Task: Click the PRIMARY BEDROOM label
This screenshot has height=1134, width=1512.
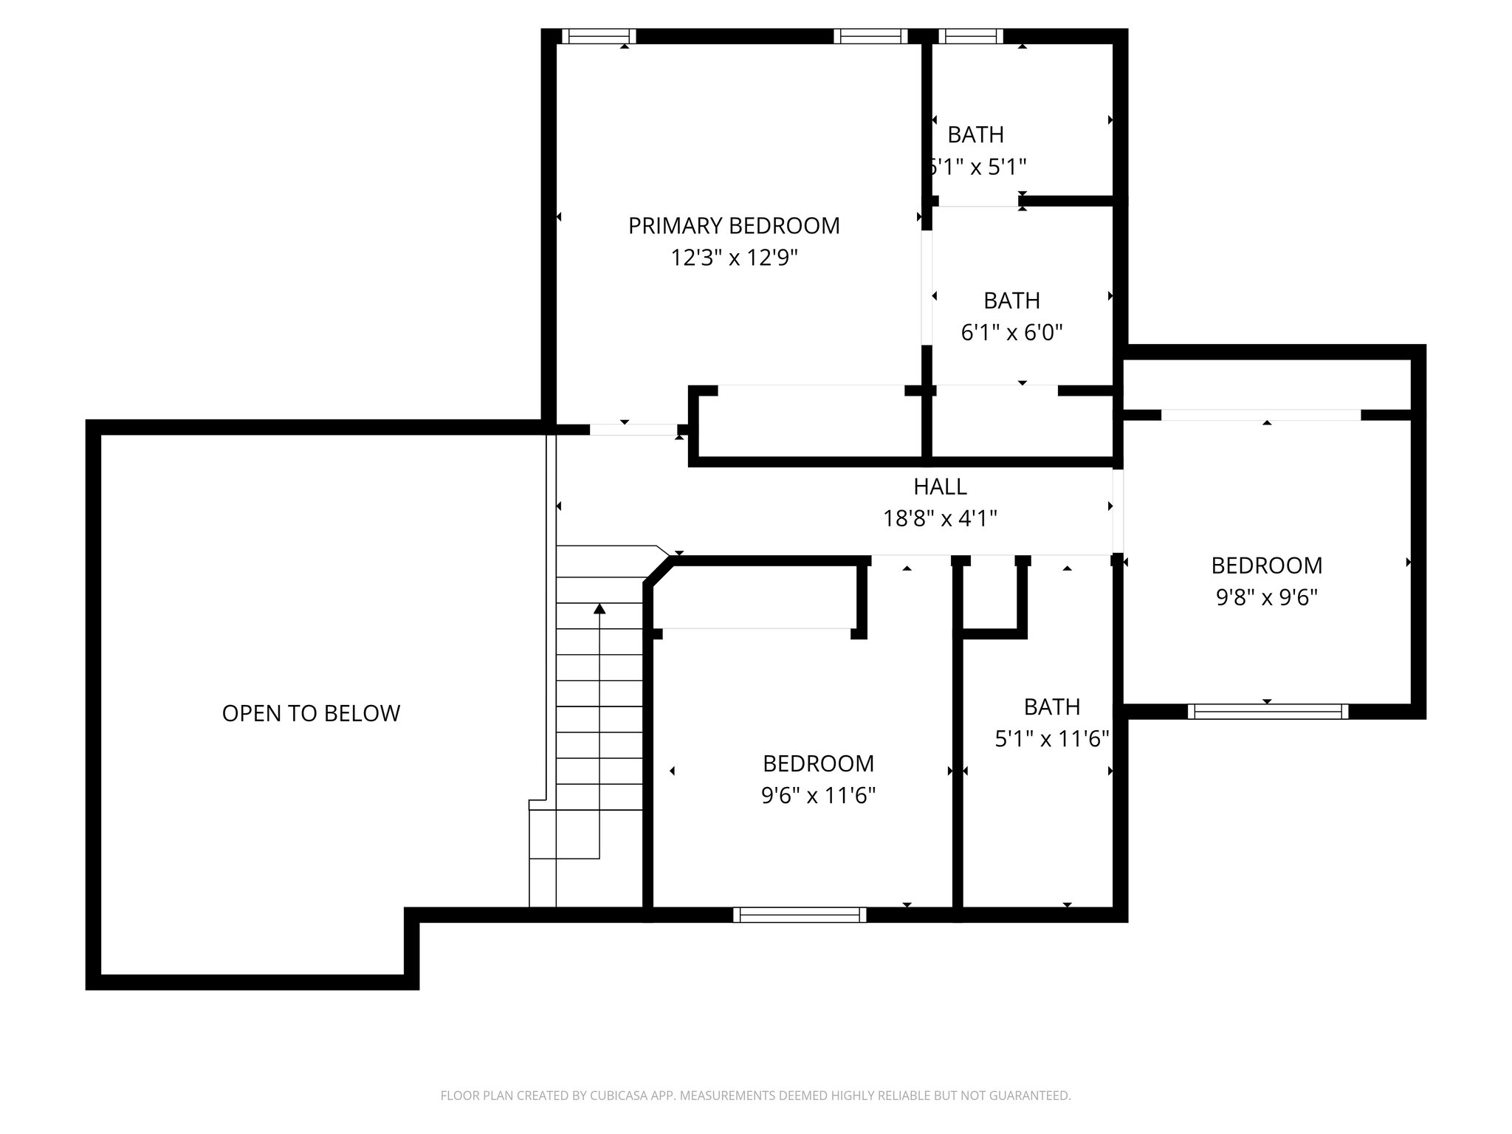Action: (x=734, y=226)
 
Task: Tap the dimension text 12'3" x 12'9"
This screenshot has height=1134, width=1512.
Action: (x=734, y=258)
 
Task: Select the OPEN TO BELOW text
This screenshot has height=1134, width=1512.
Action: (x=311, y=713)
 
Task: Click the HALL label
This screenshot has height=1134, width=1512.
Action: (x=940, y=487)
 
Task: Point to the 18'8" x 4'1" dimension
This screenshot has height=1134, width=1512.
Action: (x=940, y=519)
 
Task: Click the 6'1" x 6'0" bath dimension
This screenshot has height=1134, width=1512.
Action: (x=1011, y=333)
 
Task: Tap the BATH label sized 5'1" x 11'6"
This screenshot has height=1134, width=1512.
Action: (x=1052, y=707)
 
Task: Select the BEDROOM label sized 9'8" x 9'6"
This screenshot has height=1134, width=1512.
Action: (x=1267, y=566)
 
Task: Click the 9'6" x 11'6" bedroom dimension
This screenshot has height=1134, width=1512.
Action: (x=818, y=796)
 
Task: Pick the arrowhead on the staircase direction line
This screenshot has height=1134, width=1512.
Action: (x=599, y=609)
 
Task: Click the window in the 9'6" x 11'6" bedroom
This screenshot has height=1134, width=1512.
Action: (x=800, y=915)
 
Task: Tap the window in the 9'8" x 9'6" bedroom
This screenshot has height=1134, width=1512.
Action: (x=1268, y=712)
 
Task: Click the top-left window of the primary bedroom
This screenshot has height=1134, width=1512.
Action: (x=598, y=36)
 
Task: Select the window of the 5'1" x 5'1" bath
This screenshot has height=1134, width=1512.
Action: (x=971, y=36)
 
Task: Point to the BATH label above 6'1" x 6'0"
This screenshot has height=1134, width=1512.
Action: (x=1011, y=301)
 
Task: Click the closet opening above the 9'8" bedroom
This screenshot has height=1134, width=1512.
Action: (x=1260, y=415)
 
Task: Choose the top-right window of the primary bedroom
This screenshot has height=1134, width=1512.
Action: (x=870, y=36)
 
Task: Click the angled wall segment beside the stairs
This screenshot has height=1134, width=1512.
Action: (x=659, y=571)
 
